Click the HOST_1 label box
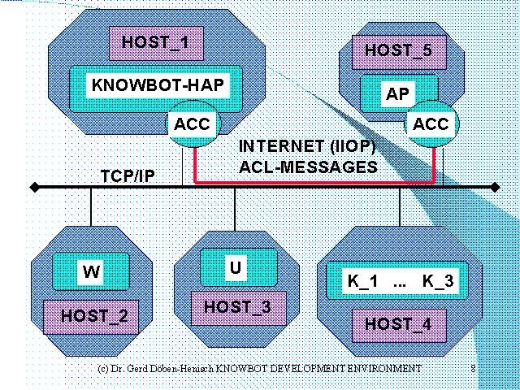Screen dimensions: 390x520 pos(155,42)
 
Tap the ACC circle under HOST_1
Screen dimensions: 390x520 pos(193,124)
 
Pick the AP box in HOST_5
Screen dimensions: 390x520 pos(398,93)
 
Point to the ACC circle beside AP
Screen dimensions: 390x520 pos(431,124)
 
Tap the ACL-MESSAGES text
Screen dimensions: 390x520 pos(309,167)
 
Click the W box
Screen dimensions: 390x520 pos(91,272)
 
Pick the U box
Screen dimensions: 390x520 pos(234,266)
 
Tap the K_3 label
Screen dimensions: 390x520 pos(439,283)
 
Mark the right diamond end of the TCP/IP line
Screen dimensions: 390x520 pos(496,188)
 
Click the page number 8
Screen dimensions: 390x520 pos(473,368)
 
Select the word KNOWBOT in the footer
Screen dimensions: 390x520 pos(243,368)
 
